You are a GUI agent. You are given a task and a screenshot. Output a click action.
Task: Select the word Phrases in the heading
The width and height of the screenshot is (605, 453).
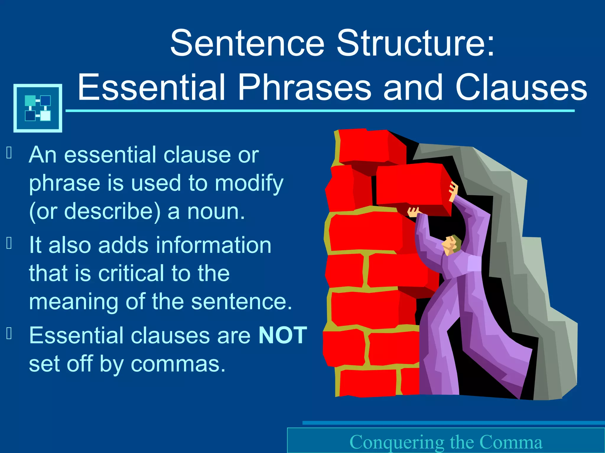coord(304,87)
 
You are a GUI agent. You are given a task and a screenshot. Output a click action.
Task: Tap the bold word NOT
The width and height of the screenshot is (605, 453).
coord(283,335)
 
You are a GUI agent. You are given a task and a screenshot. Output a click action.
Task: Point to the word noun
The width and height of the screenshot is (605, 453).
coord(216,212)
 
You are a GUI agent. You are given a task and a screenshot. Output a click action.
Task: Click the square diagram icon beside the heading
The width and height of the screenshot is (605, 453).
coord(38,108)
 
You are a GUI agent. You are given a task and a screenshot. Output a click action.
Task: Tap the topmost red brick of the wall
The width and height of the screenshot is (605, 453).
coord(366,146)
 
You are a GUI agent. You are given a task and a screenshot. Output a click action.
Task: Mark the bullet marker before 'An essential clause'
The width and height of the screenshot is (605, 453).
coord(9,153)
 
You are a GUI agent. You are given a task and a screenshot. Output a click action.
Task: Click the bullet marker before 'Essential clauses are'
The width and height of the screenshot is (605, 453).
coord(9,334)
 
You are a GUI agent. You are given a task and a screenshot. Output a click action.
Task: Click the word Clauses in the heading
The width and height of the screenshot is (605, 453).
coord(521,87)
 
